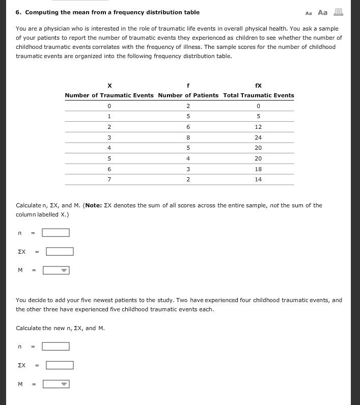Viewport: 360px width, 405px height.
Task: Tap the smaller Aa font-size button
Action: tap(309, 13)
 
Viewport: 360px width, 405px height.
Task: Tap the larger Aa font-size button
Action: tap(322, 12)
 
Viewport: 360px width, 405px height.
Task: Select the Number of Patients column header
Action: tap(188, 95)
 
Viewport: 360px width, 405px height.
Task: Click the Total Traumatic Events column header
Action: tap(258, 95)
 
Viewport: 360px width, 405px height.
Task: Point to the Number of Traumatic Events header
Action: tap(109, 95)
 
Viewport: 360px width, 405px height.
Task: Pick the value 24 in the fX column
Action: tap(258, 138)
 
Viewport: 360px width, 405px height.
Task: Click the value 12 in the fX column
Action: tap(258, 127)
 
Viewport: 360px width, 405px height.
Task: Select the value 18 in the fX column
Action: tap(258, 169)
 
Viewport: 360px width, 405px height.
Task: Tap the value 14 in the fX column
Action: tap(258, 179)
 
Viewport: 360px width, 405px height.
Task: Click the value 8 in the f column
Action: tap(188, 138)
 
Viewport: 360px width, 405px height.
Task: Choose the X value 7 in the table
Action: tap(109, 179)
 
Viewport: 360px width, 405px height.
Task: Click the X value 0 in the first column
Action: tap(109, 106)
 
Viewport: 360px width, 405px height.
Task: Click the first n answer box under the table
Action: tap(56, 233)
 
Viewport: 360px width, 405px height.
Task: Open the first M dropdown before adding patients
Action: tap(56, 271)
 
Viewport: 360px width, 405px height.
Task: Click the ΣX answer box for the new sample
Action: tap(60, 365)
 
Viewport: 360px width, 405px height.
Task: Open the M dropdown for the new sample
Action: tap(56, 384)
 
